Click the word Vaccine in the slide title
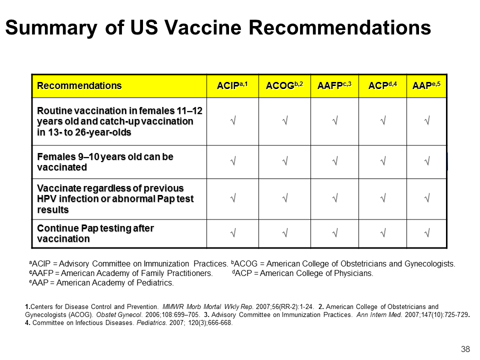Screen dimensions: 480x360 coord(203,27)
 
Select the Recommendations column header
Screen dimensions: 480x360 coord(79,85)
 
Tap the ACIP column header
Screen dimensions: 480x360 coord(232,85)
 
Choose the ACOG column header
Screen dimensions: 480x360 coord(284,85)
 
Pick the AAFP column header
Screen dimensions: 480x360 coord(334,85)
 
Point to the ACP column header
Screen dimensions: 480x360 coord(382,85)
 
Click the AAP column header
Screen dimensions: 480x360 coord(426,85)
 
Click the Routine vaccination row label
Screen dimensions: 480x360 coord(119,121)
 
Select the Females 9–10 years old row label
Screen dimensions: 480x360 coord(105,162)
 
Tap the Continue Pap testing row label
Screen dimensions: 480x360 coord(95,233)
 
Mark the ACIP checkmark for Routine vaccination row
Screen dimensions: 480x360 coord(233,120)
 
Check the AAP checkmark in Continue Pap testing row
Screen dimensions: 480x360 coord(427,233)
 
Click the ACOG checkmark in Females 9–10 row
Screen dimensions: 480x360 coord(285,160)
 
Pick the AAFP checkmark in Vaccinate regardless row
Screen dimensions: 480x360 coord(335,198)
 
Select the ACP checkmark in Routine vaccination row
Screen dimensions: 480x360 coord(383,120)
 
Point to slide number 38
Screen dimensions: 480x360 coord(465,349)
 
